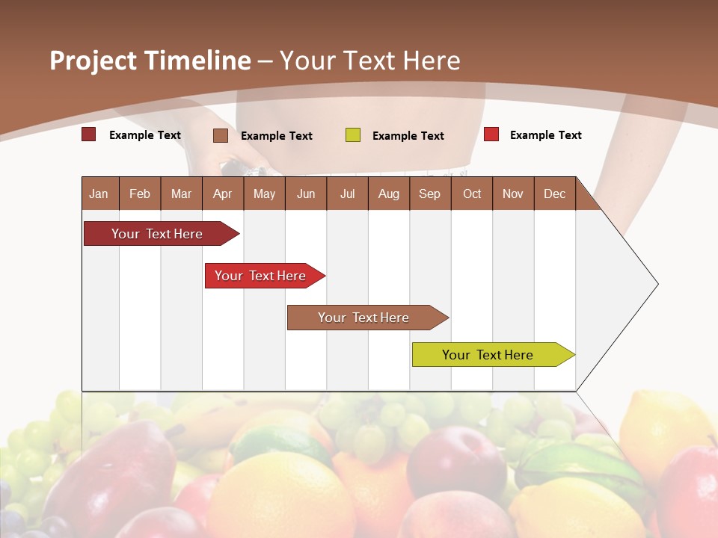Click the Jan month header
click(x=99, y=194)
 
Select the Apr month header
click(x=222, y=194)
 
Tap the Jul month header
click(x=347, y=194)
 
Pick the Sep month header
click(x=429, y=194)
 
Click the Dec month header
click(x=554, y=194)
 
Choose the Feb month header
click(x=140, y=194)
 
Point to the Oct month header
click(x=472, y=194)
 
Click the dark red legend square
click(x=88, y=134)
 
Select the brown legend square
click(x=220, y=135)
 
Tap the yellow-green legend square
click(x=352, y=135)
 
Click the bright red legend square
click(x=491, y=134)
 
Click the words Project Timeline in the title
click(x=150, y=61)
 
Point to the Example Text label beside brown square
click(x=277, y=136)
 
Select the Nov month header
click(x=513, y=194)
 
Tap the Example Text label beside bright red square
click(x=546, y=135)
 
